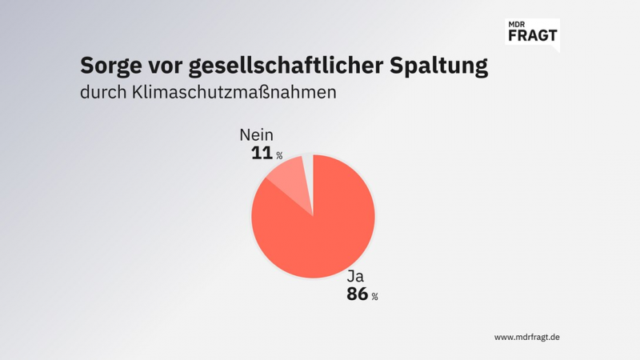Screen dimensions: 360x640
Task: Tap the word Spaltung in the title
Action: click(x=439, y=66)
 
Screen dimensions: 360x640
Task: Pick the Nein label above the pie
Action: click(x=256, y=136)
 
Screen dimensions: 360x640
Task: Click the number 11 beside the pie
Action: click(x=262, y=153)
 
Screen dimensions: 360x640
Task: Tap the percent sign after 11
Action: click(x=279, y=155)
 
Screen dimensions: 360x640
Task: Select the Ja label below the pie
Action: click(x=354, y=278)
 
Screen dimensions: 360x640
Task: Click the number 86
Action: click(x=357, y=294)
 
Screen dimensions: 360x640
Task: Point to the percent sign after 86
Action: click(x=374, y=297)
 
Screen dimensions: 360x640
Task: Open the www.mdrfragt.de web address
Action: click(x=526, y=337)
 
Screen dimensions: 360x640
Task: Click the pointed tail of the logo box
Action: click(x=556, y=49)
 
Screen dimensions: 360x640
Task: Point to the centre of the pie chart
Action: click(x=313, y=216)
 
